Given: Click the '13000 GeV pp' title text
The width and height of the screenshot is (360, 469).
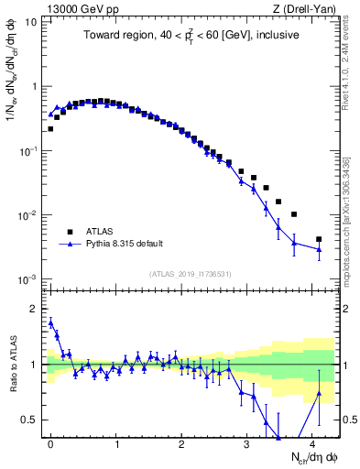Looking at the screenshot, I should pyautogui.click(x=79, y=8).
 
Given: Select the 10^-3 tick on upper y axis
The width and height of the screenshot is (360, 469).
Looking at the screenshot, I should pyautogui.click(x=28, y=278).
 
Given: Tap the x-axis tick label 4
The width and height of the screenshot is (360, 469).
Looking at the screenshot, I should pyautogui.click(x=313, y=442).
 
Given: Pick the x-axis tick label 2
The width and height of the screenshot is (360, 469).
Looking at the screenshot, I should pyautogui.click(x=182, y=442).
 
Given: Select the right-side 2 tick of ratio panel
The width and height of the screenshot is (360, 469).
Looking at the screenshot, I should pyautogui.click(x=345, y=309).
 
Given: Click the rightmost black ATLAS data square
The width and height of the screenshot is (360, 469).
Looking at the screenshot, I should pyautogui.click(x=319, y=239).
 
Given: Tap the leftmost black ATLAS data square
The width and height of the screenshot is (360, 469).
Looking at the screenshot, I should pyautogui.click(x=50, y=129).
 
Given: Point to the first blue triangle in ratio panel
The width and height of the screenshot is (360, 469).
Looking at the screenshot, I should pyautogui.click(x=50, y=322).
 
